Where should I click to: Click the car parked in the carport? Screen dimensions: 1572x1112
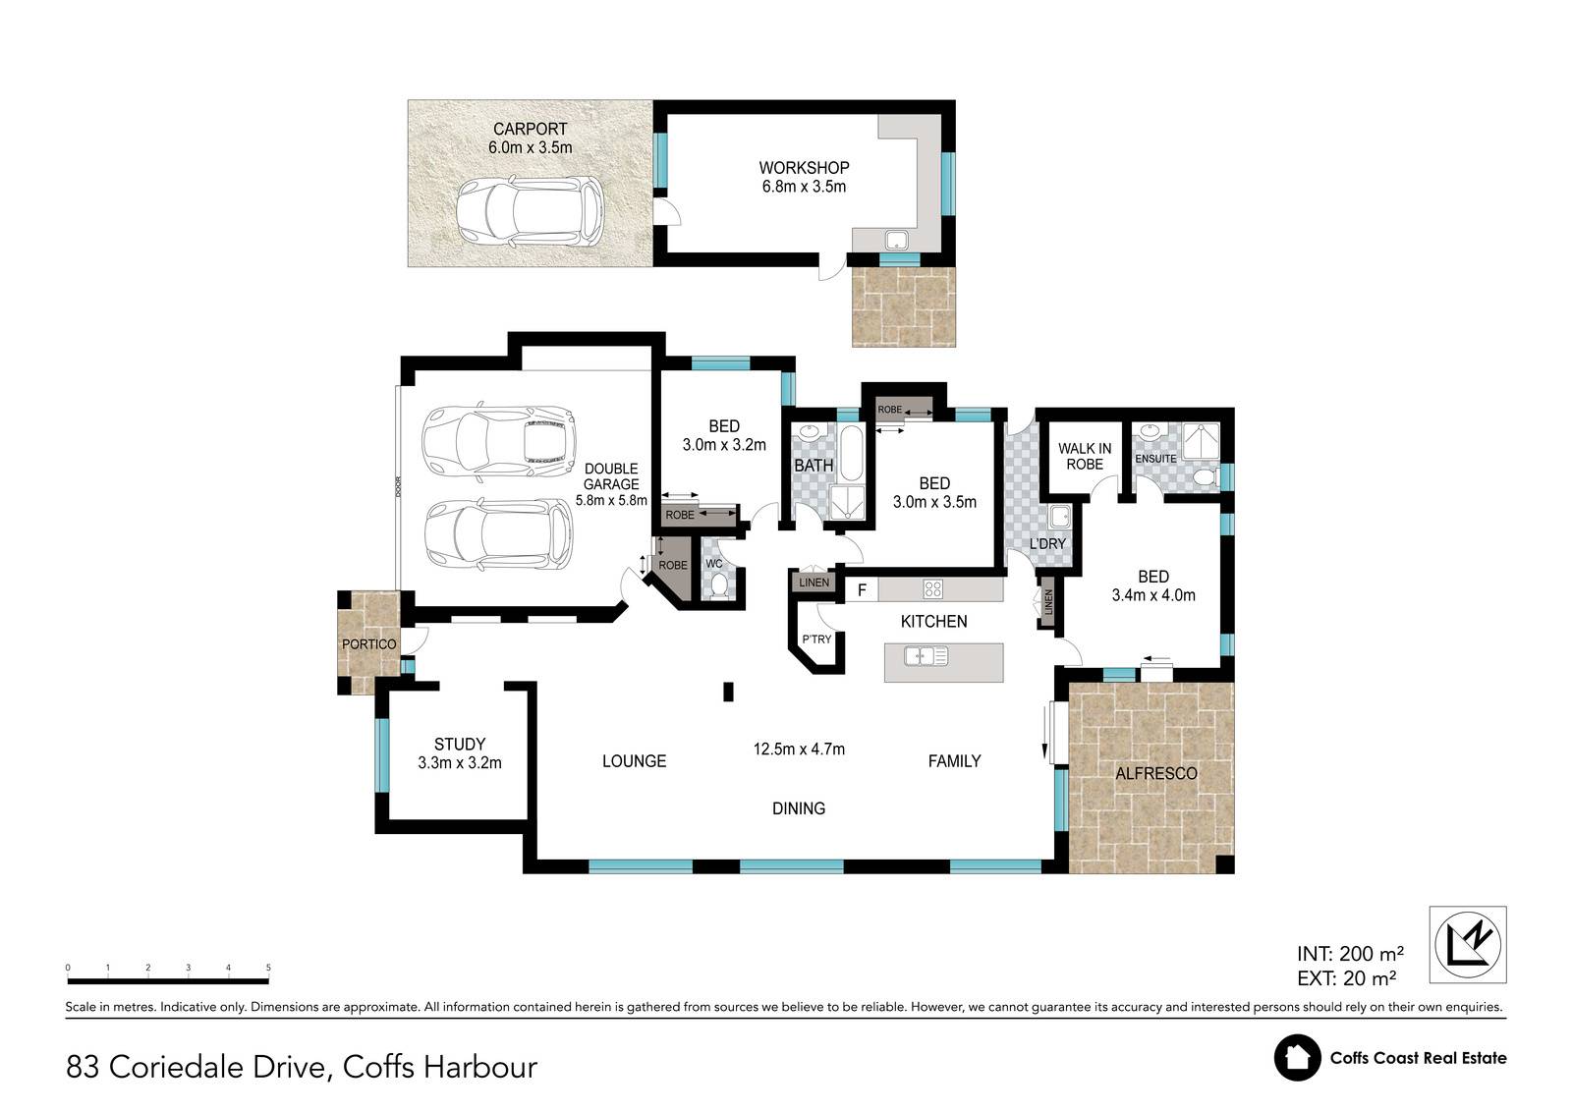[x=530, y=211]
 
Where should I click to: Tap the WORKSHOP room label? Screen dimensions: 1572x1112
[x=804, y=168]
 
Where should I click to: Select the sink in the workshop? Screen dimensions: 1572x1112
[x=896, y=240]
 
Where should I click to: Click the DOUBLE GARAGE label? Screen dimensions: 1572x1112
[x=611, y=476]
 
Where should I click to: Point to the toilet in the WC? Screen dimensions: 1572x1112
[x=717, y=585]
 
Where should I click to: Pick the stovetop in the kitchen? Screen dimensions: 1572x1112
[x=932, y=588]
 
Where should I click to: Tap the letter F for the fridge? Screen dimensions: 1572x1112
[x=862, y=590]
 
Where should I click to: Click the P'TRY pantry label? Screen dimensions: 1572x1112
[x=816, y=639]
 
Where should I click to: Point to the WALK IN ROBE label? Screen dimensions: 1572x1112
[x=1085, y=456]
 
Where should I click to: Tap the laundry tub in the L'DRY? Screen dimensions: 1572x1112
[x=1059, y=518]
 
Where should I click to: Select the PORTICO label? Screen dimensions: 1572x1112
[x=369, y=644]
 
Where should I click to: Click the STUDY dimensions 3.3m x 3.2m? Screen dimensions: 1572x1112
[x=460, y=762]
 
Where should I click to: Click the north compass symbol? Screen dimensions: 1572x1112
[x=1468, y=944]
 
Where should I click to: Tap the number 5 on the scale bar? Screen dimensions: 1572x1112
[x=268, y=968]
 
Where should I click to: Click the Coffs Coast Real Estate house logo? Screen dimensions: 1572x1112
[x=1298, y=1057]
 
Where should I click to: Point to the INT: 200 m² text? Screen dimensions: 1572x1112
[x=1350, y=954]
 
